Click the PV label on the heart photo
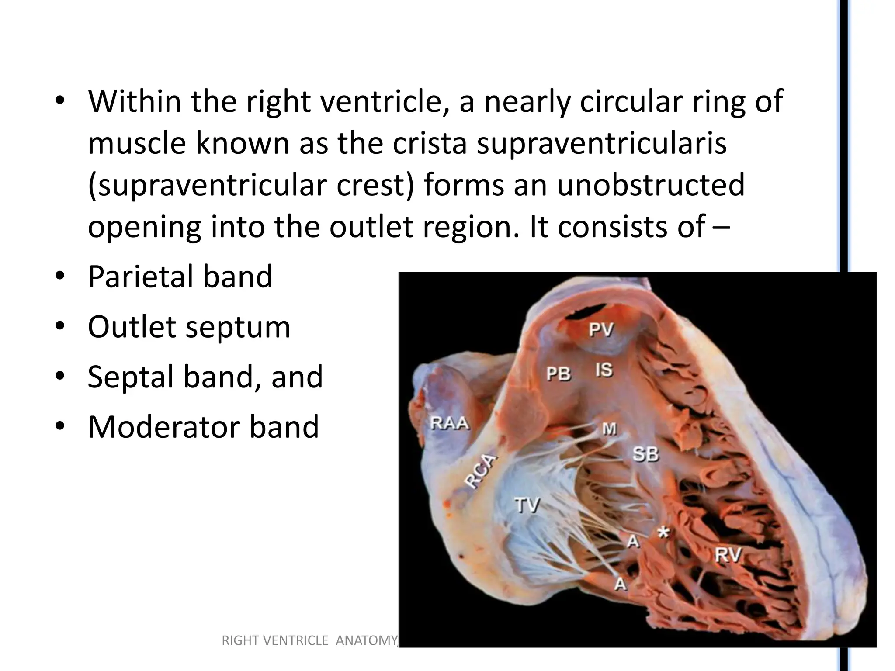(601, 329)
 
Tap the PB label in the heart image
(559, 374)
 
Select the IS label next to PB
(604, 370)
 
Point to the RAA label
(450, 423)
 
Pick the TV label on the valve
(527, 505)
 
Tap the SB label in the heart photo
(645, 455)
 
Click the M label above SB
(610, 429)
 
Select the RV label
(728, 555)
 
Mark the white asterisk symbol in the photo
(663, 532)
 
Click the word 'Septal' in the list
(131, 377)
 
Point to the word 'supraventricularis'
(601, 143)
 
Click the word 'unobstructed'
(651, 185)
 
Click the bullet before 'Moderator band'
(60, 427)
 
